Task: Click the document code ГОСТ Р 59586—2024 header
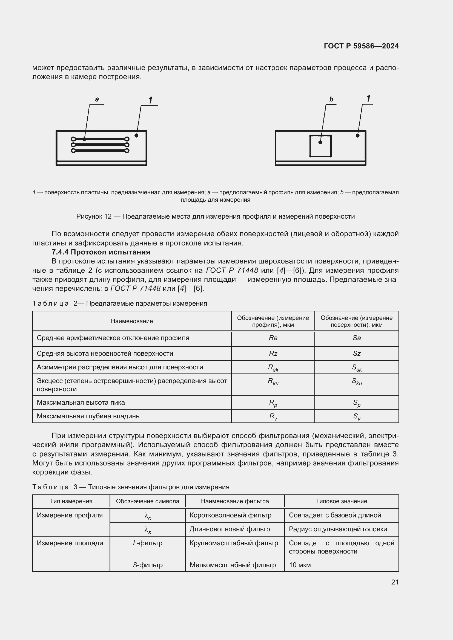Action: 361,46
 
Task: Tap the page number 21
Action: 395,582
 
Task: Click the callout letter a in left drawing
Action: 97,99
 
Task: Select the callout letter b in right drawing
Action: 331,99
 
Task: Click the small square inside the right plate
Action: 320,146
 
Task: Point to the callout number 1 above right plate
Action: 368,99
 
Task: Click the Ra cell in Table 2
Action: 273,338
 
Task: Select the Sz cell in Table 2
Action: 357,354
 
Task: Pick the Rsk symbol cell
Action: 273,368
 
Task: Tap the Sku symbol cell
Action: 357,381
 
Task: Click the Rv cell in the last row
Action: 273,416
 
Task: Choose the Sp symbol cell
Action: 357,403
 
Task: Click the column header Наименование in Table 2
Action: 132,321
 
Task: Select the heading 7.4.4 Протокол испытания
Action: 101,252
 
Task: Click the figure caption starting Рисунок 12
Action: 215,216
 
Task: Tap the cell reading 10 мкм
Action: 300,565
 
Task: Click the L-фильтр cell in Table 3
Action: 148,543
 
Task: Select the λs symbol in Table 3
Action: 148,530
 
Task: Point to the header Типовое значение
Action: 342,501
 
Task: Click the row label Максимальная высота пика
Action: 81,402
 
